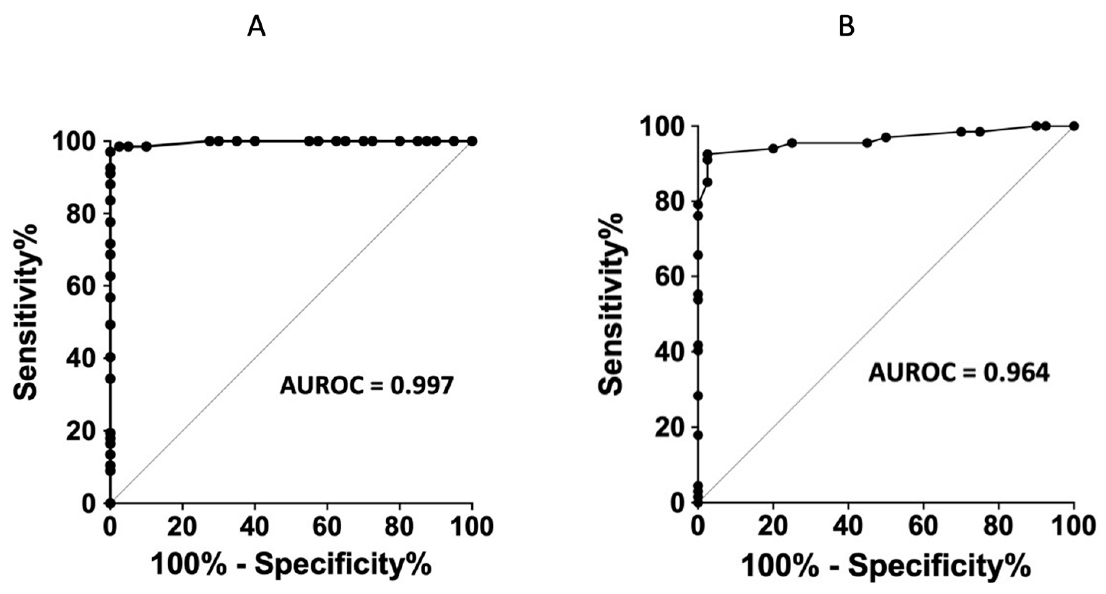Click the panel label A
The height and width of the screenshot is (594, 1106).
click(x=257, y=28)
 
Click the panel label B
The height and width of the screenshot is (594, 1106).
click(x=847, y=28)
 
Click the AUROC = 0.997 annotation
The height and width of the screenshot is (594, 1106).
click(x=366, y=386)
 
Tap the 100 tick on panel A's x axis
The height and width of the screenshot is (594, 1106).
click(x=472, y=526)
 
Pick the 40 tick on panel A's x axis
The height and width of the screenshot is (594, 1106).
click(x=255, y=526)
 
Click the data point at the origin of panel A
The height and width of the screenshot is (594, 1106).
click(x=110, y=503)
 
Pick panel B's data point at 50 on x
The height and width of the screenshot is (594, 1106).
click(x=886, y=137)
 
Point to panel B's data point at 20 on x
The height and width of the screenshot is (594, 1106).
click(x=773, y=149)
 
